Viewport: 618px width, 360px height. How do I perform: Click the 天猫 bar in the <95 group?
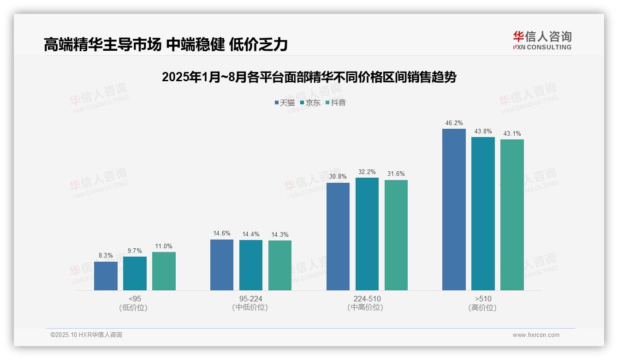[106, 276]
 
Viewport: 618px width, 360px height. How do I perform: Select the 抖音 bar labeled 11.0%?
[164, 271]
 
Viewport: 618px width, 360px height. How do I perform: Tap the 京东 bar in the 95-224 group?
[251, 265]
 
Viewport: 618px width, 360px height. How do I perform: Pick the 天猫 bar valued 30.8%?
[338, 236]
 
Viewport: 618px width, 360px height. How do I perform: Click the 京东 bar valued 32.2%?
[367, 234]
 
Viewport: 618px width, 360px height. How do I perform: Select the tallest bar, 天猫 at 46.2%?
[454, 210]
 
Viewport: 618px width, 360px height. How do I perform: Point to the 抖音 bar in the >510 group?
[512, 215]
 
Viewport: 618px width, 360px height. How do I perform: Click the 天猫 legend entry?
[285, 103]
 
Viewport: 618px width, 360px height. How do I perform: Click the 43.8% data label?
[483, 132]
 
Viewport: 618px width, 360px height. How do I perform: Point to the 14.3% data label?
[280, 235]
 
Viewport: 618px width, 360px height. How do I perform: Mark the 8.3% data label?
[106, 256]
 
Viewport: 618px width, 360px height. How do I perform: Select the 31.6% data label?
[396, 174]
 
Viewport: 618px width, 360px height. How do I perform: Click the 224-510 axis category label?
[367, 299]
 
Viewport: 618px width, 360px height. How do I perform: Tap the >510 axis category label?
[483, 299]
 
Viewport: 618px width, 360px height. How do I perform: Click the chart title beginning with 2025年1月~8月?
[309, 78]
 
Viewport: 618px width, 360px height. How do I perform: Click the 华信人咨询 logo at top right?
[542, 41]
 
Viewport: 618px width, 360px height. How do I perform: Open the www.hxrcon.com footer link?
[536, 335]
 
